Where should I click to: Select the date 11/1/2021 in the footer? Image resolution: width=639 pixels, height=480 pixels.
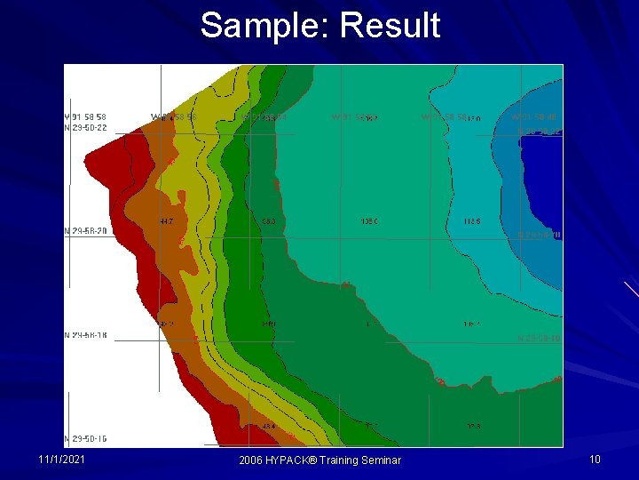pyautogui.click(x=61, y=459)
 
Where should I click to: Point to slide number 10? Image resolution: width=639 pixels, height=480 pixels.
pyautogui.click(x=595, y=459)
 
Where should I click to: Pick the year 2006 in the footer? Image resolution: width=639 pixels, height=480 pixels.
pyautogui.click(x=253, y=460)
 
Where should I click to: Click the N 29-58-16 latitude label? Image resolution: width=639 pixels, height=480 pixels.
pyautogui.click(x=86, y=438)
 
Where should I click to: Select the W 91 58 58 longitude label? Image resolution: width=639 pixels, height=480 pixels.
pyautogui.click(x=86, y=116)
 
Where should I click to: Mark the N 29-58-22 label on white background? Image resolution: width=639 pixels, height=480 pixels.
pyautogui.click(x=86, y=127)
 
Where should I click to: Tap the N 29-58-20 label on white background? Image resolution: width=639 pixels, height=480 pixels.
pyautogui.click(x=86, y=230)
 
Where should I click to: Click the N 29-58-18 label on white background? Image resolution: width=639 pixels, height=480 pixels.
pyautogui.click(x=86, y=335)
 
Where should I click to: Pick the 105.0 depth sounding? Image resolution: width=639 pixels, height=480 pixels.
pyautogui.click(x=369, y=221)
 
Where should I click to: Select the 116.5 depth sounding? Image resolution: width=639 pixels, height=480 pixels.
pyautogui.click(x=472, y=221)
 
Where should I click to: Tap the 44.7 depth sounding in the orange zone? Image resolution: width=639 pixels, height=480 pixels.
pyautogui.click(x=166, y=220)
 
